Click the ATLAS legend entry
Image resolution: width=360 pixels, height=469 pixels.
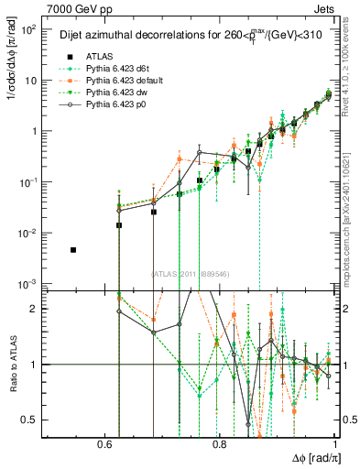(90, 55)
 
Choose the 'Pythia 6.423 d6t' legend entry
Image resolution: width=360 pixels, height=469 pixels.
(108, 68)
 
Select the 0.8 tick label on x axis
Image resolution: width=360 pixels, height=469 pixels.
(219, 444)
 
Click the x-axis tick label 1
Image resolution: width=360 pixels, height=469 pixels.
(334, 444)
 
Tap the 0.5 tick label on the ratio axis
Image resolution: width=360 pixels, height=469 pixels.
(29, 420)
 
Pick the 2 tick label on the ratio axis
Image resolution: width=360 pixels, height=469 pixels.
(33, 310)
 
